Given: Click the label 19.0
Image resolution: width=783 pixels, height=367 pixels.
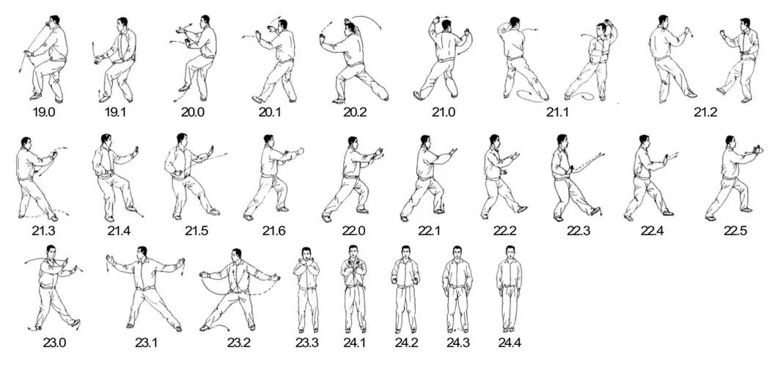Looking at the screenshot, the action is click(44, 112).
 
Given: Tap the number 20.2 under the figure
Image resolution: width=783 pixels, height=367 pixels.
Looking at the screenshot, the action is click(355, 112).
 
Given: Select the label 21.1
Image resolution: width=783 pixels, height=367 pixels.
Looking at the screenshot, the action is click(556, 112).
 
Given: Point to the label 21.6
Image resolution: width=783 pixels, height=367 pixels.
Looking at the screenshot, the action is click(273, 231).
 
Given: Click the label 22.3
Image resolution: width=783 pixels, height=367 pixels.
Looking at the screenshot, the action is click(578, 231).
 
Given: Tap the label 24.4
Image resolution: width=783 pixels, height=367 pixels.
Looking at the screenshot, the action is click(510, 343).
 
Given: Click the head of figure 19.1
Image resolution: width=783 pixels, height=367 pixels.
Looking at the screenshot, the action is click(122, 23).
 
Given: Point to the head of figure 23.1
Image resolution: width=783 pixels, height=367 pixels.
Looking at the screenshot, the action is click(142, 252).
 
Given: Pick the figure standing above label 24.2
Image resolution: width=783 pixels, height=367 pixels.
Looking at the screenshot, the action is click(405, 289).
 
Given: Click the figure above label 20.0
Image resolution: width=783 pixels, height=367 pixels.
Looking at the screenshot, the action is click(196, 57).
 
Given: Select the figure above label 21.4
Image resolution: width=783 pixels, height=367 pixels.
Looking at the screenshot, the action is click(115, 178).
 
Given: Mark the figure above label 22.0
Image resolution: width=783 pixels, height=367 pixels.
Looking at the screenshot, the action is click(352, 178).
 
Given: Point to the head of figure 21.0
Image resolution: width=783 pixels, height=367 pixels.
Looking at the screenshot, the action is click(446, 25).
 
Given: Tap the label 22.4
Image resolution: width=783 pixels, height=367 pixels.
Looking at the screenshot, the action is click(652, 231).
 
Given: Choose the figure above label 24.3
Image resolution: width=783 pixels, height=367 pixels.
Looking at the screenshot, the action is click(457, 289).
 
